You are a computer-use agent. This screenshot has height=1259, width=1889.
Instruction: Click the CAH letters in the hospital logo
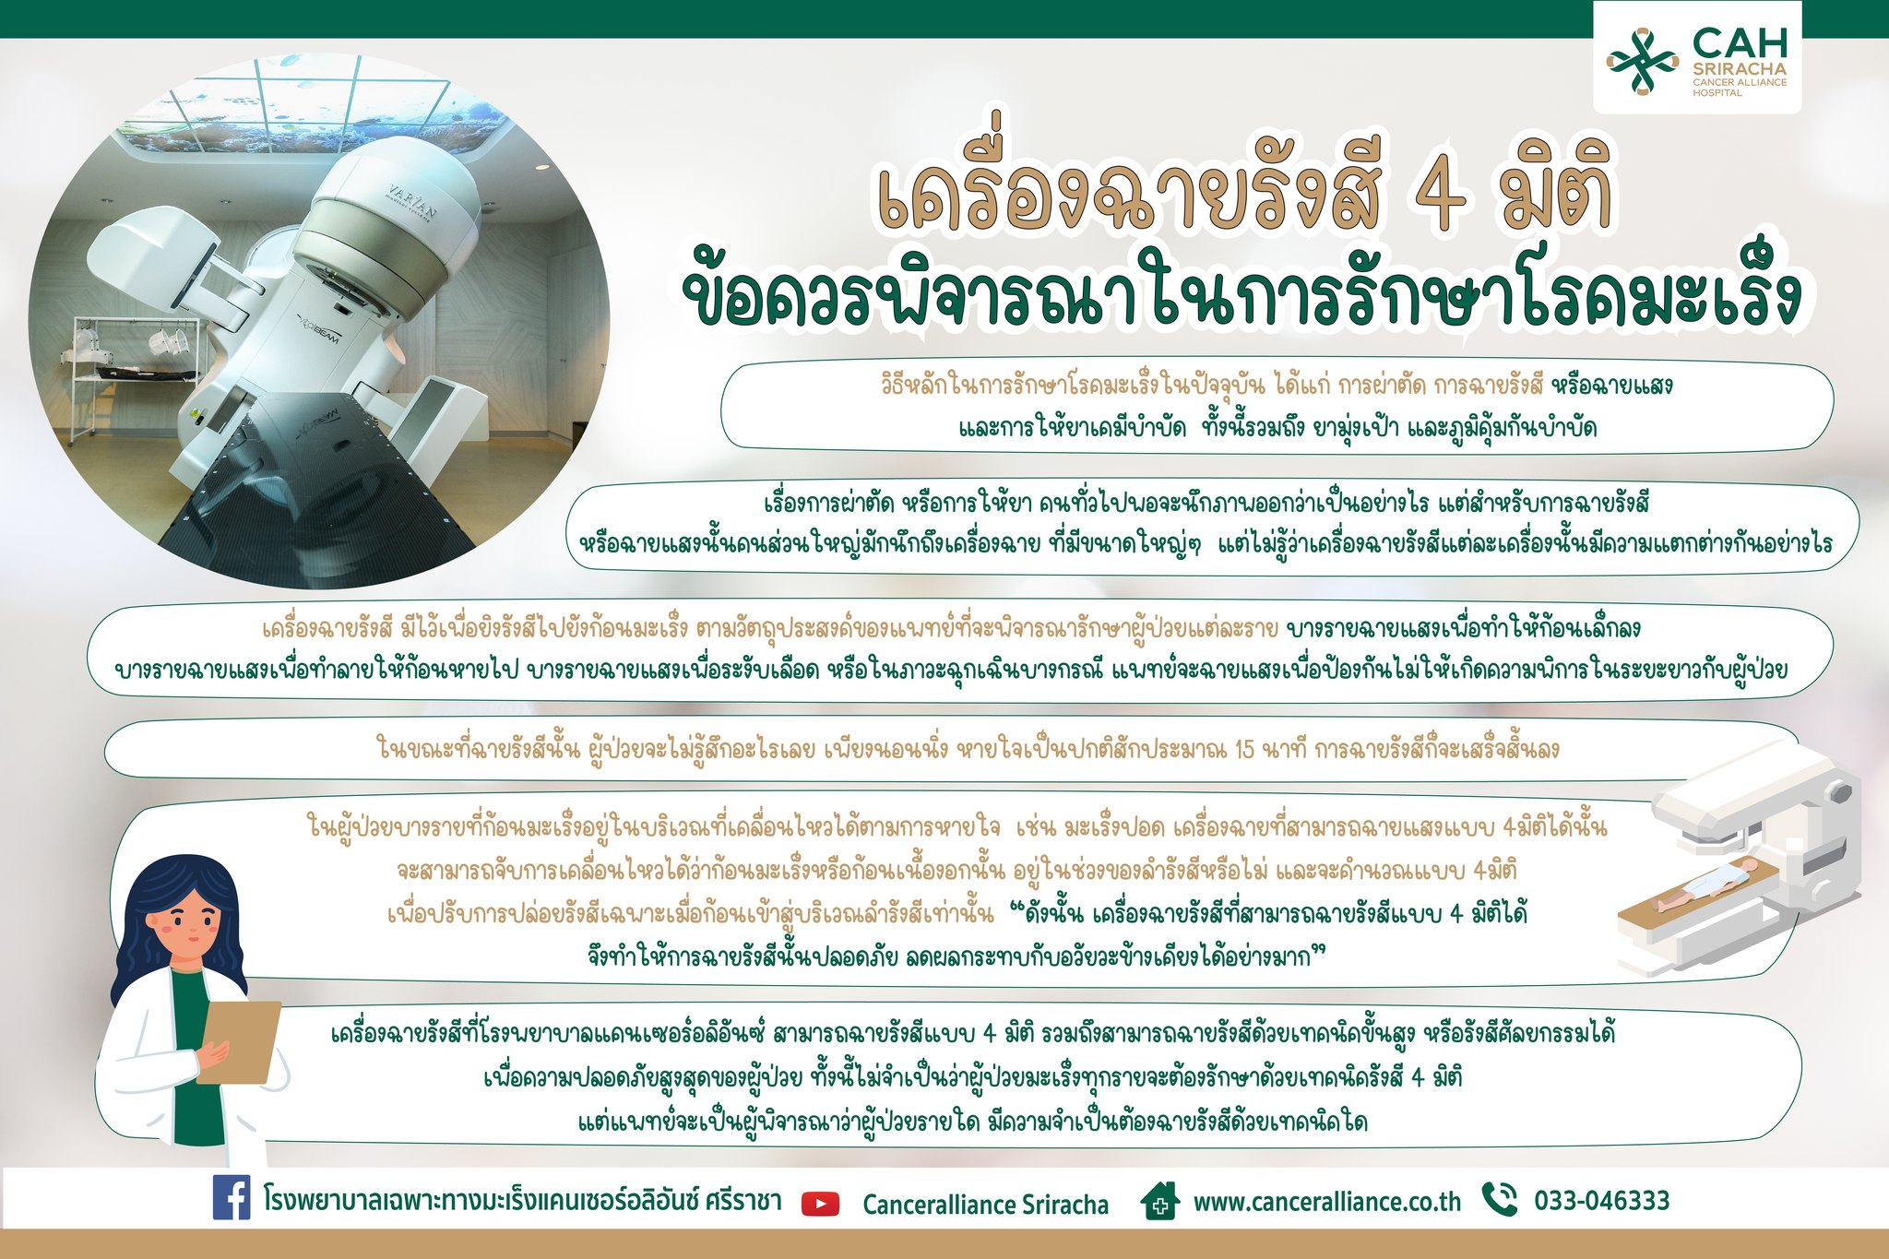[1740, 43]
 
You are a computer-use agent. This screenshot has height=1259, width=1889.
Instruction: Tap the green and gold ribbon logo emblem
[1643, 62]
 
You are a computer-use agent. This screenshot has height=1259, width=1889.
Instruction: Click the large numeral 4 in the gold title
[1438, 195]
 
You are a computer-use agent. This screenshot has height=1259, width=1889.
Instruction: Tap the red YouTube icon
[821, 1204]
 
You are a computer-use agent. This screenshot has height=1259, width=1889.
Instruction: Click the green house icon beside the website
[1159, 1201]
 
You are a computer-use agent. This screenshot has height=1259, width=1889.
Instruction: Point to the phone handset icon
[1499, 1199]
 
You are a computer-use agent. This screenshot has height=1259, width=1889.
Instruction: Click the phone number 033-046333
[1602, 1201]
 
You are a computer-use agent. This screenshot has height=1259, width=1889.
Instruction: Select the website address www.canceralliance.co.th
[1327, 1203]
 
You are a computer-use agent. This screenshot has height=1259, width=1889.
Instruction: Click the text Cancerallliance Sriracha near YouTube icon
[986, 1205]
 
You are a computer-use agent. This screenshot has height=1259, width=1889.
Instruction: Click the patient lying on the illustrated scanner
[1698, 885]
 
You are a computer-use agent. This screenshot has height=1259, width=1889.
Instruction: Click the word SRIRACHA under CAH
[1740, 69]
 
